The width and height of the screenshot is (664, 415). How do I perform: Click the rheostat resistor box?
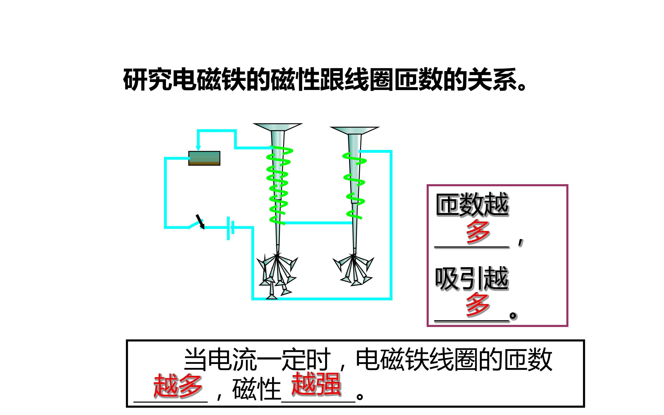204,158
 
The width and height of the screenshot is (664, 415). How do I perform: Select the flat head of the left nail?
277,127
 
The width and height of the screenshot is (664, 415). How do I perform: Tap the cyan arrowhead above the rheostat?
198,148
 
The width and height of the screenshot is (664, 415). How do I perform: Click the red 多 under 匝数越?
478,232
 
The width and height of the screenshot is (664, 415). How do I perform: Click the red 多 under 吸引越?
478,304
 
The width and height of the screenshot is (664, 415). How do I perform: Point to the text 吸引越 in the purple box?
472,279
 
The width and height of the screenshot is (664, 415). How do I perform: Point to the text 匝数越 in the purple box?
472,205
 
